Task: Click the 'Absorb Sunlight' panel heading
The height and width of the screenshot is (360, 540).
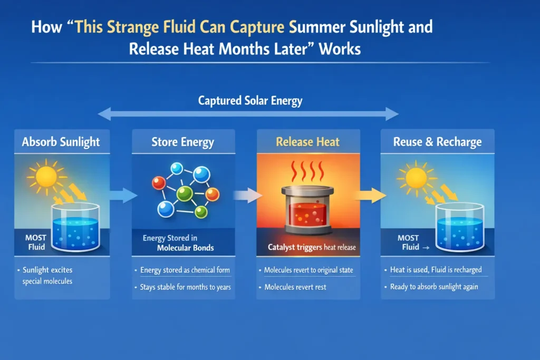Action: click(61, 142)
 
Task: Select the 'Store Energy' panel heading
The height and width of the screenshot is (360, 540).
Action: click(182, 142)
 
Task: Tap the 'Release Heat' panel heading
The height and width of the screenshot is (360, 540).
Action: click(308, 142)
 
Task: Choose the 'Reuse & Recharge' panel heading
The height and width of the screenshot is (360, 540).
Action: click(437, 142)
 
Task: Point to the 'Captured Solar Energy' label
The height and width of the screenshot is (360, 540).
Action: click(250, 100)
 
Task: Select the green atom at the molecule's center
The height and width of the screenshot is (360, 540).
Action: click(184, 192)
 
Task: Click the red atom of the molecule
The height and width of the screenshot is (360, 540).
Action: click(158, 183)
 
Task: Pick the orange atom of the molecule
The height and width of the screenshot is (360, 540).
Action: click(212, 194)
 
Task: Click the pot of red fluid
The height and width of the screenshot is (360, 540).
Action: click(308, 210)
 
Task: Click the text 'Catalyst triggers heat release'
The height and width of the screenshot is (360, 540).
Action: click(308, 247)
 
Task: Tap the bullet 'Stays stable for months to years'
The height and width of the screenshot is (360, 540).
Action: click(185, 287)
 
